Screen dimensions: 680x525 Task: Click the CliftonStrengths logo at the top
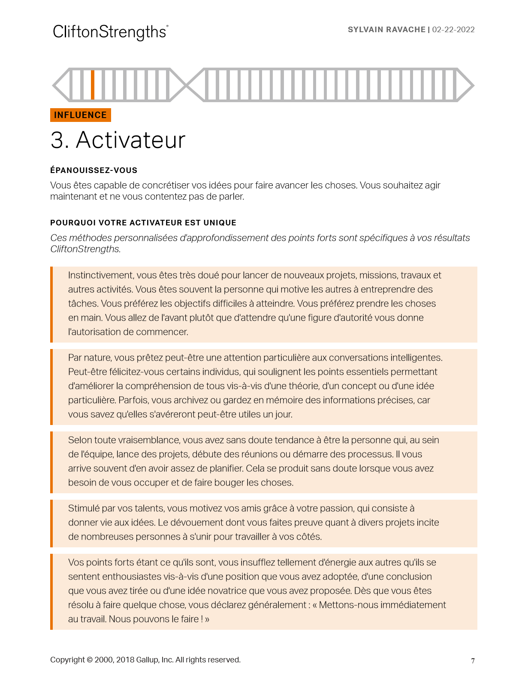click(110, 32)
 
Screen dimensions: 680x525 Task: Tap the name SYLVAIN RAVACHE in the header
click(386, 30)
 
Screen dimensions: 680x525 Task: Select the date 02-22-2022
click(453, 30)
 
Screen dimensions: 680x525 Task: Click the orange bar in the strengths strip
click(93, 85)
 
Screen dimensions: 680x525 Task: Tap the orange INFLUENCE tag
click(81, 115)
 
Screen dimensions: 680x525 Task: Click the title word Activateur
click(130, 140)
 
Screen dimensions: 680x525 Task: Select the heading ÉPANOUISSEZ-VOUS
click(94, 170)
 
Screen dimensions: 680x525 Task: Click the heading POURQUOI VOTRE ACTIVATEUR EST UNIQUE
click(143, 223)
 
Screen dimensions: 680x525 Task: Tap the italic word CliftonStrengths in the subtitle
click(85, 249)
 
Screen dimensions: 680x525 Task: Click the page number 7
click(473, 661)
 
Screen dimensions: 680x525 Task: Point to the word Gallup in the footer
click(147, 660)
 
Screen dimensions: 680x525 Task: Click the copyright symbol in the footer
click(90, 660)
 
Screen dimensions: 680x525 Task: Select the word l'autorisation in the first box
click(93, 332)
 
